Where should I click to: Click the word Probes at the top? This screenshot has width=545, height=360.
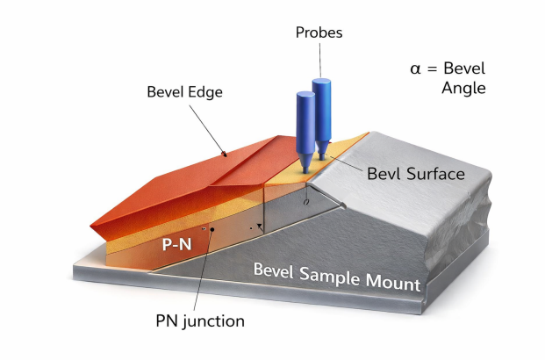(x=319, y=32)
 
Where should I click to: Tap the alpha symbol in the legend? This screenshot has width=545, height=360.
(x=415, y=68)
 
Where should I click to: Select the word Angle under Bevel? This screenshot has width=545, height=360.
(x=463, y=88)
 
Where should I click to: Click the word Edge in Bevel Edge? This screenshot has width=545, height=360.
(x=204, y=92)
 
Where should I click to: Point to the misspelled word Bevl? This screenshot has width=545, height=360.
(x=384, y=174)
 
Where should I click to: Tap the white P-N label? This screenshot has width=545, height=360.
(x=177, y=244)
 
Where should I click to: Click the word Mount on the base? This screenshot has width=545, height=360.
(x=393, y=281)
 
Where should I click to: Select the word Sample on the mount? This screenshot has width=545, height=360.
(x=329, y=275)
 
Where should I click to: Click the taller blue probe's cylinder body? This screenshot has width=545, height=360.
(x=321, y=111)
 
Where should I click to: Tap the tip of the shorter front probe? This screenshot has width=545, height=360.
(x=305, y=171)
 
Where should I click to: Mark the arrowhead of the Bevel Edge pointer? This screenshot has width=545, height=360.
(x=225, y=154)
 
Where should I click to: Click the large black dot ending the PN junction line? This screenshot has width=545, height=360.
(x=212, y=229)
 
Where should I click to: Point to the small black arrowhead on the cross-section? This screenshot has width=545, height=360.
(x=259, y=227)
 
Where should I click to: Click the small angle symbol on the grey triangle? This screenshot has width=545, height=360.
(x=305, y=202)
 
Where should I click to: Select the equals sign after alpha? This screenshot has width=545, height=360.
(x=432, y=68)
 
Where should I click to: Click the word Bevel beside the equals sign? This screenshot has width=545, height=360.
(x=464, y=68)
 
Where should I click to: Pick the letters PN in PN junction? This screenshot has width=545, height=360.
(x=167, y=320)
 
